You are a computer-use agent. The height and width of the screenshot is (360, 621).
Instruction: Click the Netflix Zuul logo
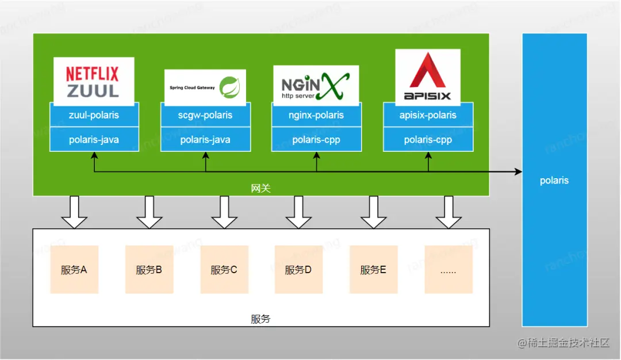(x=94, y=82)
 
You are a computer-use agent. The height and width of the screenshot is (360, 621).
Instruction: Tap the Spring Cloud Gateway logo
(x=205, y=87)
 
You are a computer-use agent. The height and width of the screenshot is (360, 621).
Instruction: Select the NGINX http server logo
(x=316, y=86)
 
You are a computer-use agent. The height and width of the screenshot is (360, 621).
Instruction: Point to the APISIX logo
(x=428, y=77)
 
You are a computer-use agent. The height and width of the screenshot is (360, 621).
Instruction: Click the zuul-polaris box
(x=94, y=115)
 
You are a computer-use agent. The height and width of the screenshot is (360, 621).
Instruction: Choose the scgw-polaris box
(x=205, y=115)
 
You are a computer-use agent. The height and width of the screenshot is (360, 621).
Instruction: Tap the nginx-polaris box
(x=316, y=115)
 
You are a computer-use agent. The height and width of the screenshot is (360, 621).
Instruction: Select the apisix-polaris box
(x=428, y=115)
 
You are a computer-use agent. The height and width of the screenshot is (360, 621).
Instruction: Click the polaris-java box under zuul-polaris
(x=94, y=139)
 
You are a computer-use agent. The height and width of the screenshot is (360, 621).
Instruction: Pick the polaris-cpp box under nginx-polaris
(x=316, y=139)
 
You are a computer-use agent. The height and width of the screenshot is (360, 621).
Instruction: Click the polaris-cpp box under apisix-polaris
(x=428, y=139)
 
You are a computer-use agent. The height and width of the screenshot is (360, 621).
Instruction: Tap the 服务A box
(x=74, y=269)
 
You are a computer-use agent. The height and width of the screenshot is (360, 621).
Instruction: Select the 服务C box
(x=224, y=269)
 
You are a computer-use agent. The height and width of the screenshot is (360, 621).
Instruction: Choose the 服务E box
(x=374, y=269)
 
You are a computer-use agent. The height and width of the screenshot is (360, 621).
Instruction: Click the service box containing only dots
(x=448, y=269)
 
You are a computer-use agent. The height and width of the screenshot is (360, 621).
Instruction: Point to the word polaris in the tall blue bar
(x=554, y=181)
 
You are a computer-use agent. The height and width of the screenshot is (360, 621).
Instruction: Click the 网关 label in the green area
(x=260, y=188)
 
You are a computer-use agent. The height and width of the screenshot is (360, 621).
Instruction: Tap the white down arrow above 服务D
(x=298, y=212)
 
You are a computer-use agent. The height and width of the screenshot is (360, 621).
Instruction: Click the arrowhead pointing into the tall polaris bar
(x=518, y=171)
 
